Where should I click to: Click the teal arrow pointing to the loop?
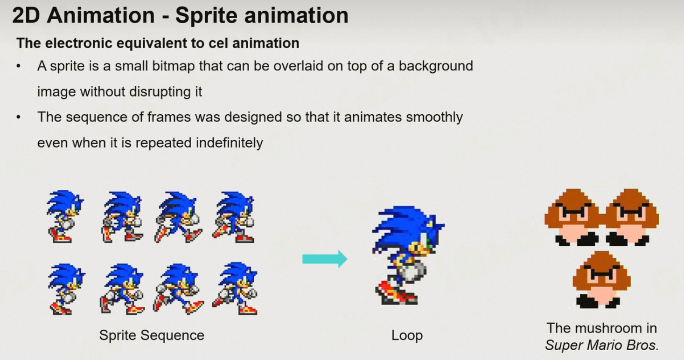coord(325,259)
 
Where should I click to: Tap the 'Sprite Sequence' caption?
coord(152,335)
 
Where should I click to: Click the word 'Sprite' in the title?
coord(206,15)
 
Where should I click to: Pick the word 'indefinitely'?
coord(230,143)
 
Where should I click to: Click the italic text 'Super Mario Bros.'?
coord(602,346)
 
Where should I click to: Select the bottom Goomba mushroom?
coord(601,280)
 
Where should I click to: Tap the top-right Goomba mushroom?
coord(631,217)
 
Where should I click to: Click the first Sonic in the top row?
coord(65,216)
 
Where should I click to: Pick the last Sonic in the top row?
coord(234,217)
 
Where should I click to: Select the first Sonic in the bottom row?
coord(66,289)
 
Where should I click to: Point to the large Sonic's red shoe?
coord(396,293)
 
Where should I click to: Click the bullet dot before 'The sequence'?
coord(19,117)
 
